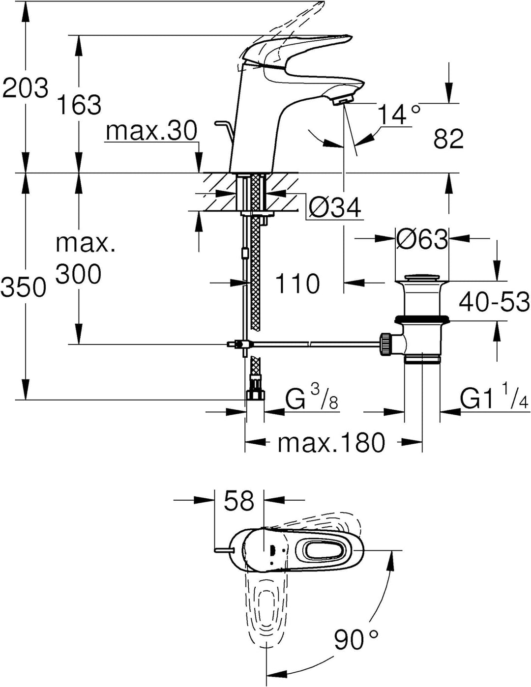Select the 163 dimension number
coord(80,105)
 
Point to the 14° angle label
coord(399,115)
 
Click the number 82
coord(448,139)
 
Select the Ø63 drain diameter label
coord(421,239)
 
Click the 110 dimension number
coord(297,283)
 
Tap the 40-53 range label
coord(494,302)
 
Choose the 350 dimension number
coord(24,287)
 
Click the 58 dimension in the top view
coord(239,500)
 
